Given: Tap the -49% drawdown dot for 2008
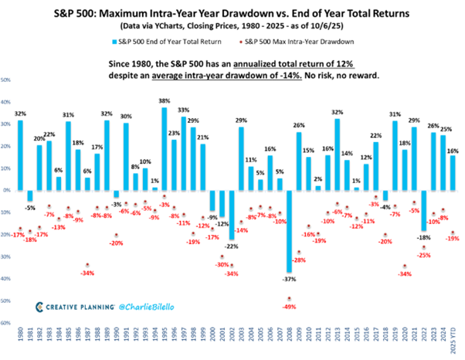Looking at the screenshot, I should [x=290, y=298].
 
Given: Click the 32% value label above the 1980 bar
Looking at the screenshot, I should [x=20, y=113].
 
